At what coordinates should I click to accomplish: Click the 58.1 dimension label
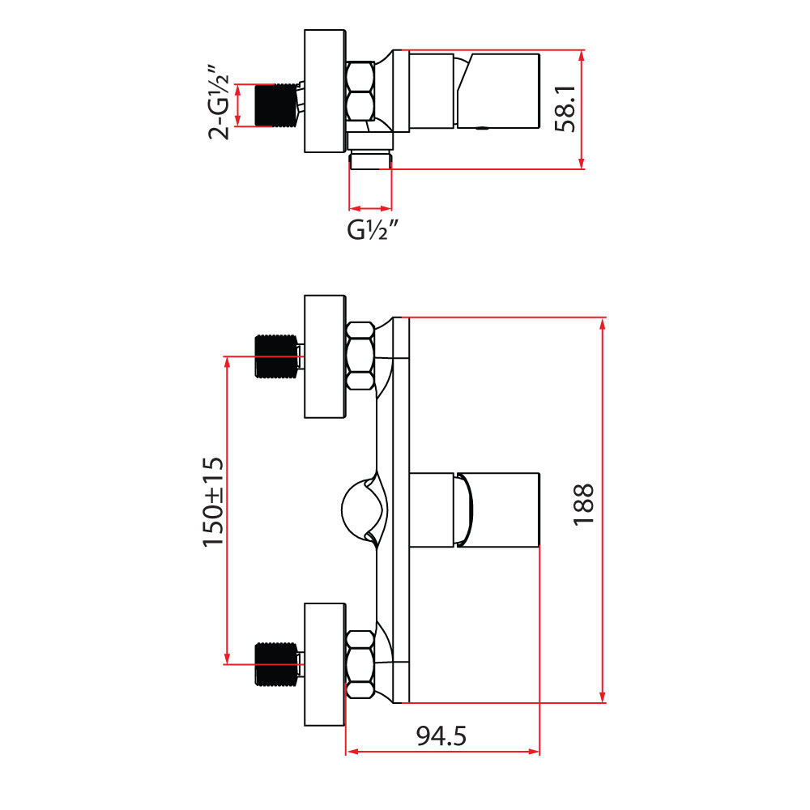coord(565,109)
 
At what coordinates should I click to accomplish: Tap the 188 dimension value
coord(584,505)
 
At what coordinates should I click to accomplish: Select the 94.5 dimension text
coord(441,736)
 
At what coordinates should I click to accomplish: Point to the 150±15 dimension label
coord(213,502)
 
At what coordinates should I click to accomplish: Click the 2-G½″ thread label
coord(218,102)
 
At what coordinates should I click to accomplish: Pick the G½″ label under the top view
coord(373,230)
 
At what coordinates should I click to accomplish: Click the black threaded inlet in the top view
coord(276,104)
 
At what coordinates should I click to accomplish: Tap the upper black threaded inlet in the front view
coord(276,356)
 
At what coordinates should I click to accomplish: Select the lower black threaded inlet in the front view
coord(276,664)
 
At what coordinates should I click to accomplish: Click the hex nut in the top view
coord(360,92)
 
